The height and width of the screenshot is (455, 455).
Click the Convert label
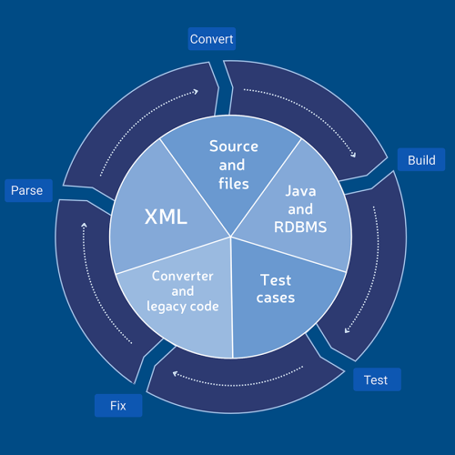pyautogui.click(x=212, y=38)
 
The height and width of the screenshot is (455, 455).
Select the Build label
pyautogui.click(x=420, y=160)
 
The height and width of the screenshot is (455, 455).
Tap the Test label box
pyautogui.click(x=376, y=379)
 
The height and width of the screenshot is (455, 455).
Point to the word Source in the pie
pyautogui.click(x=234, y=147)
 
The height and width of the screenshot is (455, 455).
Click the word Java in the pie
pyautogui.click(x=301, y=191)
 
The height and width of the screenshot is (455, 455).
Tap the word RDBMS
pyautogui.click(x=299, y=227)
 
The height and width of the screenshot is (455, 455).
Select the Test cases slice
pyautogui.click(x=275, y=291)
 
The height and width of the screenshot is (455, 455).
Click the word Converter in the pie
pyautogui.click(x=182, y=276)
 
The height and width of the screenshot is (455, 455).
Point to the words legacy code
pyautogui.click(x=183, y=306)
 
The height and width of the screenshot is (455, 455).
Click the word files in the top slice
pyautogui.click(x=232, y=183)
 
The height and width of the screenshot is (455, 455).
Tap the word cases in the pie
pyautogui.click(x=275, y=298)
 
